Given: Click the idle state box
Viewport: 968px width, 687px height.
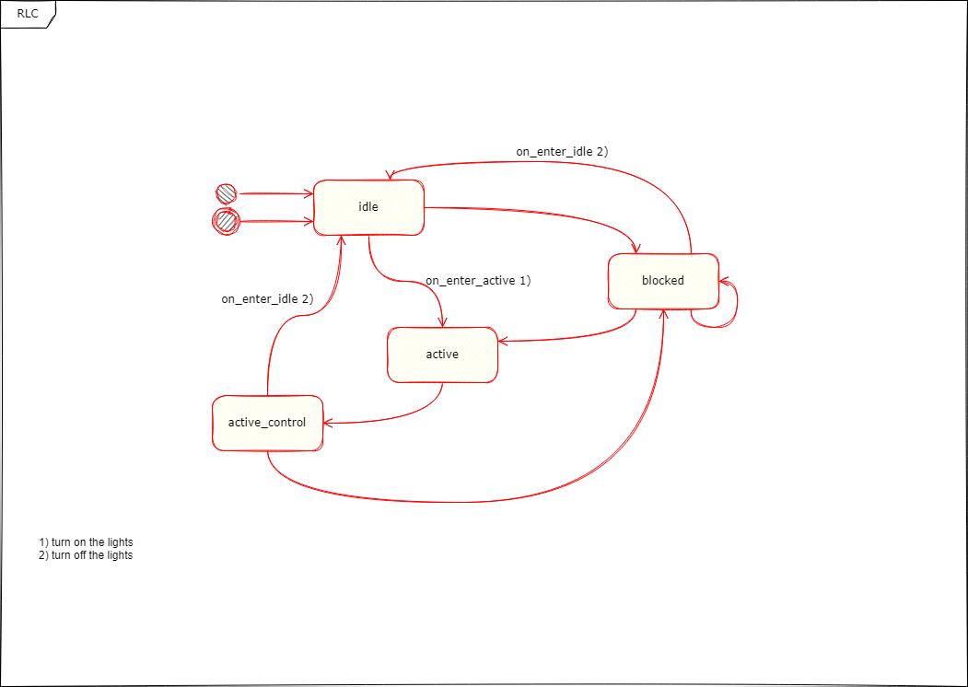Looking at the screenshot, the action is tap(368, 208).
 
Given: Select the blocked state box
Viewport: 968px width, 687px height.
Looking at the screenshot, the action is tap(663, 281).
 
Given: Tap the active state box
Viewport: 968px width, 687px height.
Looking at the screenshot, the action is tap(442, 355).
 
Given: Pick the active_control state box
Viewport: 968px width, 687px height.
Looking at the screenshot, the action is tap(267, 424).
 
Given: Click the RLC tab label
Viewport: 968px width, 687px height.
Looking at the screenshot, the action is tap(28, 14).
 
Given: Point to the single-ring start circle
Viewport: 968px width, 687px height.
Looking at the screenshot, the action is tap(226, 193).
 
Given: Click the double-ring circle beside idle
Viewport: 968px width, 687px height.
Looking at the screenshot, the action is tap(226, 221).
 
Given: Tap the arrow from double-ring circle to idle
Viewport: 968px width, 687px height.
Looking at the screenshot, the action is tap(276, 222).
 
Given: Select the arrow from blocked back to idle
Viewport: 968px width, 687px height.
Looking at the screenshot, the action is tap(553, 162).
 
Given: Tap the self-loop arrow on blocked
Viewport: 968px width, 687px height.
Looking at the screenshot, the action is tap(735, 304).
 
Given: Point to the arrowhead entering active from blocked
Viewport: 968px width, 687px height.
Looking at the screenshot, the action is tap(503, 342).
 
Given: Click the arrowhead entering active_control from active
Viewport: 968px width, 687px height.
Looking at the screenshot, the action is tap(328, 423).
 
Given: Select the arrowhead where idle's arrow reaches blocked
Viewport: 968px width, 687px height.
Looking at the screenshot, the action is tap(635, 249).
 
